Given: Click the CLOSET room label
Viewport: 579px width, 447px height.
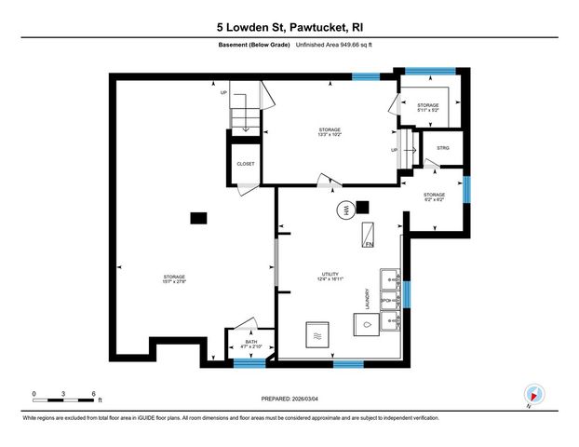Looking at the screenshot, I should tap(246, 163).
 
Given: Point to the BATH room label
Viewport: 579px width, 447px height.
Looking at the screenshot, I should tap(250, 342).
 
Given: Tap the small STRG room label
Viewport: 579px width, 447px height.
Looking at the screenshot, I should tap(443, 149).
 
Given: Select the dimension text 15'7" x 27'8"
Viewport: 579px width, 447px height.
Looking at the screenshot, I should tap(174, 283).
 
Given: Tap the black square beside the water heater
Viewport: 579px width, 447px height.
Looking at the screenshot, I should tap(362, 207).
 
